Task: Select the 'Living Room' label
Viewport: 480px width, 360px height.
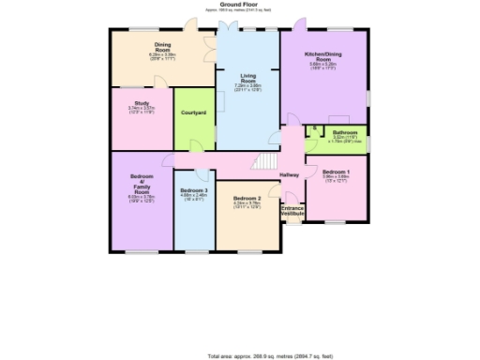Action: pos(247,76)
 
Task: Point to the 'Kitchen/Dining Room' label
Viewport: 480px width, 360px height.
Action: pos(322,57)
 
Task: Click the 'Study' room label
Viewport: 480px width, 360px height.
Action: pos(142,103)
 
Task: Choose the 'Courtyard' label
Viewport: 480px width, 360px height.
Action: pos(193,114)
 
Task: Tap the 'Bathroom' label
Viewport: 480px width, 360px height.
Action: pos(346,132)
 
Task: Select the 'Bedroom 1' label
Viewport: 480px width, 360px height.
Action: pos(335,172)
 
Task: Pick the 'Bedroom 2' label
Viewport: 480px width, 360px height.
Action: pos(247,198)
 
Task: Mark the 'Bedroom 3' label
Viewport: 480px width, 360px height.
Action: pos(193,190)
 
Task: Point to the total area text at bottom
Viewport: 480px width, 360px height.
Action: pos(272,355)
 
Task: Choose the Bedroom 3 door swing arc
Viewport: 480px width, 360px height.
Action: pos(202,174)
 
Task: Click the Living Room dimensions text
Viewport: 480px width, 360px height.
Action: pos(247,87)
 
